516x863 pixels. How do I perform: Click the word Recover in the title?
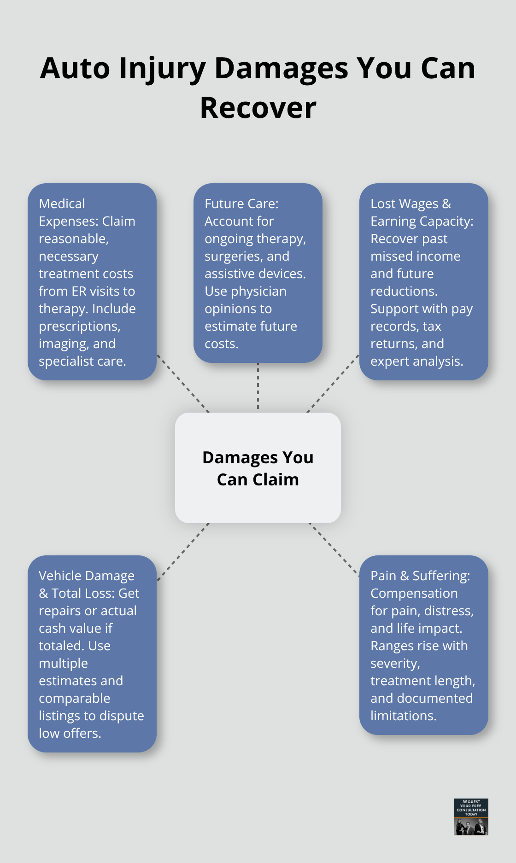pos(258,108)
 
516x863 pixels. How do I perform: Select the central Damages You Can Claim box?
pos(258,468)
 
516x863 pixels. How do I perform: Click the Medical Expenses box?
pos(92,282)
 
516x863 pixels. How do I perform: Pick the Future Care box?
pos(258,273)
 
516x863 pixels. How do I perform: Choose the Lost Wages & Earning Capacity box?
pos(424,282)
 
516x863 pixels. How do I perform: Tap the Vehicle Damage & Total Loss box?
pos(92,654)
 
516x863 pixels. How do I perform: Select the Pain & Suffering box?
pos(424,645)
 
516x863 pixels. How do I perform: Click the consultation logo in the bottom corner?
pos(471,817)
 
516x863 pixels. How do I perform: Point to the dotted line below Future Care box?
pos(258,387)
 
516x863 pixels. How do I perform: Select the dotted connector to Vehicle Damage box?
pos(183,551)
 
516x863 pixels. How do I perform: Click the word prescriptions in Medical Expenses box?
pos(79,327)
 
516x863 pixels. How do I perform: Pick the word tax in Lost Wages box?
pos(432,327)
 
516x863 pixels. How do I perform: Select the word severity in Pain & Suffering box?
pos(395,664)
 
